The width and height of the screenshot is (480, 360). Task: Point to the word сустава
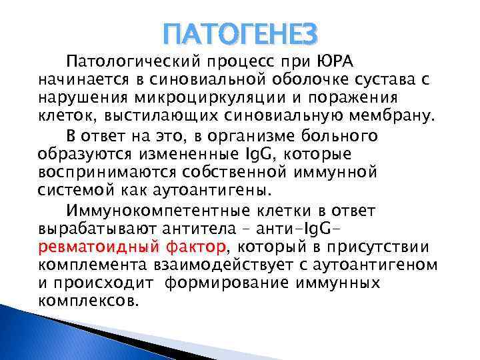click(392, 80)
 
